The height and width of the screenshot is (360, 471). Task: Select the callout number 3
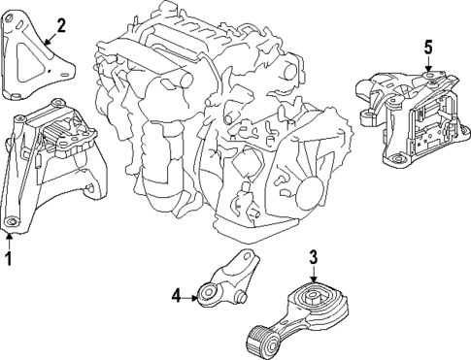313,257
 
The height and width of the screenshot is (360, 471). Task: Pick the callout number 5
427,45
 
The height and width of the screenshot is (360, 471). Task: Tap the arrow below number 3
313,277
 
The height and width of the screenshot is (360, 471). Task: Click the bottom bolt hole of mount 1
11,225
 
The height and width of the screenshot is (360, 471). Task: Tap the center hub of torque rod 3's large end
313,295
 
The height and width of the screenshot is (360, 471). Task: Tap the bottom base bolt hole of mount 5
393,158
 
